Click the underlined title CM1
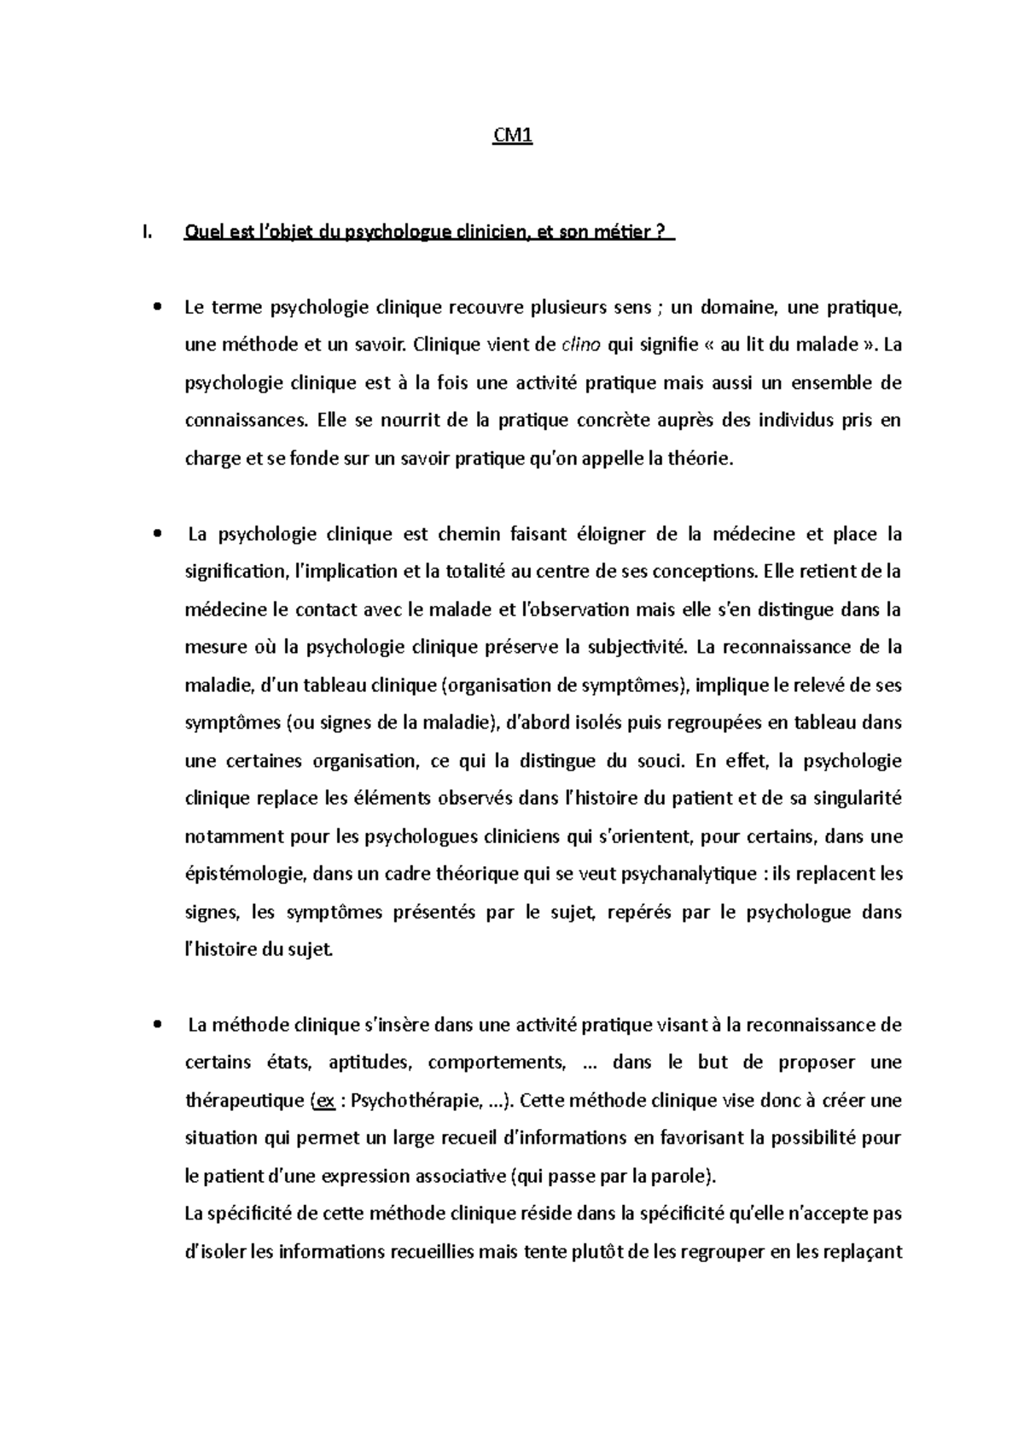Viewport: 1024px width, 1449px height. tap(514, 137)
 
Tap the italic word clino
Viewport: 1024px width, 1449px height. tap(583, 345)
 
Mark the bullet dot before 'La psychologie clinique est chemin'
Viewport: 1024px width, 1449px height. tap(156, 535)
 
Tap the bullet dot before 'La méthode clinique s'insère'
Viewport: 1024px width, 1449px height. tap(156, 1025)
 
